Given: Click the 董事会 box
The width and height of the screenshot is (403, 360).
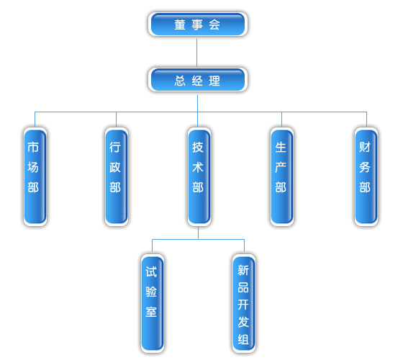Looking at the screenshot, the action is pos(198,24).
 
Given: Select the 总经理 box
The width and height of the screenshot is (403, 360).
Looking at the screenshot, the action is pos(198,80).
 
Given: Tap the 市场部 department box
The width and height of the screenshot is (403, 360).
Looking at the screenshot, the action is pos(35,176).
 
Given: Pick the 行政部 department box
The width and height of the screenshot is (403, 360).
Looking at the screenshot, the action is pos(117,176).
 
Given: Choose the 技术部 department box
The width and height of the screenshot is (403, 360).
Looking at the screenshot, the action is pos(199,176).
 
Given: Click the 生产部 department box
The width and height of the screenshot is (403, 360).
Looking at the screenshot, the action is pos(282,176).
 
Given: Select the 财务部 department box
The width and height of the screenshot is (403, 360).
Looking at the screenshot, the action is pos(366,176).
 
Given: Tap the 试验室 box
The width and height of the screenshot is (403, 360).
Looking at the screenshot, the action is pos(153,303).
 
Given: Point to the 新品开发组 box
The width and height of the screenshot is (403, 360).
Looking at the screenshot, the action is pos(244,303).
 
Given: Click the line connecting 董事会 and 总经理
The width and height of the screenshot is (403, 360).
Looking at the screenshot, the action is pos(197,52).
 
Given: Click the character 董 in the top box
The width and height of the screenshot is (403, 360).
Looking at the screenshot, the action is pos(180,24).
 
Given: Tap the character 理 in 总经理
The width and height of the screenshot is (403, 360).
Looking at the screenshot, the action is pos(214,81).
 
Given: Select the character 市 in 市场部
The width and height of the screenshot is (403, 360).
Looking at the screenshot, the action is pos(33,147).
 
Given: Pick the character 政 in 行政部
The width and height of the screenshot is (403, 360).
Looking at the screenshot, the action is pos(115,167).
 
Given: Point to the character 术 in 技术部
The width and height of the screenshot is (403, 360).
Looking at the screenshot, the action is pos(198,167).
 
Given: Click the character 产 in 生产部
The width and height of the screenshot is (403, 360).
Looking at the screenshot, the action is pos(281,167).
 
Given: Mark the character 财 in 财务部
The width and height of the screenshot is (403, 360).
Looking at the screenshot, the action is pos(365,147).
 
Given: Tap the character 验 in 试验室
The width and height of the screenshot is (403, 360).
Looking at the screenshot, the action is pos(151,292).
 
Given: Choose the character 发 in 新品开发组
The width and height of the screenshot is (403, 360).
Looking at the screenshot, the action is pos(243,322).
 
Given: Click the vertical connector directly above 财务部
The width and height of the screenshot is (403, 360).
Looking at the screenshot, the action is pos(366,120).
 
